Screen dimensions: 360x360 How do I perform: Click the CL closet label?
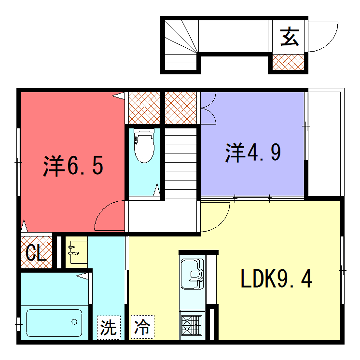pyautogui.click(x=32, y=251)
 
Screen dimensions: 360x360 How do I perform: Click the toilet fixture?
pyautogui.click(x=143, y=148)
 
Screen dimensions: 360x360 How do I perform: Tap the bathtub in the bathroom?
pyautogui.click(x=54, y=323)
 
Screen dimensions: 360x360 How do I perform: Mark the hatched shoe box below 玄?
pyautogui.click(x=287, y=62)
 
